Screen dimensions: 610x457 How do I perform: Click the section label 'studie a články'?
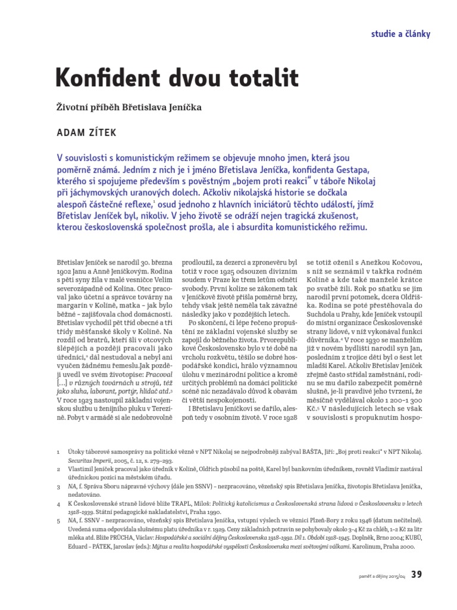pyautogui.click(x=400, y=33)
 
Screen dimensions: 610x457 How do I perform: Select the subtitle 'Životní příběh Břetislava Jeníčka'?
pyautogui.click(x=129, y=108)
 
